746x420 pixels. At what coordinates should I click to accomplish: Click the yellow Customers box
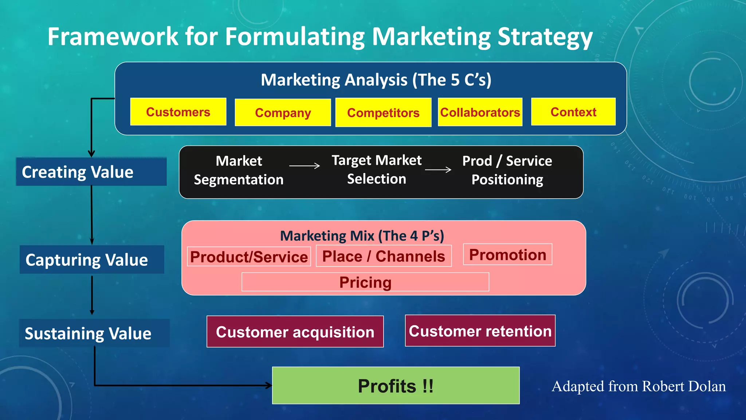coord(178,112)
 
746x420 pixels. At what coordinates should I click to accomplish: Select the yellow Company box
coord(283,112)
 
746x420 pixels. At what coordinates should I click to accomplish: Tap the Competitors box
coord(383,112)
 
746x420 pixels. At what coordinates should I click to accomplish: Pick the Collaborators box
coord(480,112)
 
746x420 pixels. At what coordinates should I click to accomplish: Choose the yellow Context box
coord(573,112)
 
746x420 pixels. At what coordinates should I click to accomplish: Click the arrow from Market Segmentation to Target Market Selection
coord(305,166)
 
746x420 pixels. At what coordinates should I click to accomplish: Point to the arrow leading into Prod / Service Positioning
coord(438,170)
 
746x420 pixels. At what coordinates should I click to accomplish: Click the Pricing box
coord(365,282)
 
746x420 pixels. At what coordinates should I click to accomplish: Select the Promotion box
coord(507,254)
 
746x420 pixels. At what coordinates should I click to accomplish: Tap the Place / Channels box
coord(384,256)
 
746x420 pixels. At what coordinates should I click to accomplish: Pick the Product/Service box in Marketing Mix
coord(249,257)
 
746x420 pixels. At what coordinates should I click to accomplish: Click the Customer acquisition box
coord(295,332)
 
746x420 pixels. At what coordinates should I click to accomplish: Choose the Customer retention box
coord(480,331)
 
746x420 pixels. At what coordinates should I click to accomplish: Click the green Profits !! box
coord(396,385)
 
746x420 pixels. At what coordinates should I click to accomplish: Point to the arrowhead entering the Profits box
coord(269,385)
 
